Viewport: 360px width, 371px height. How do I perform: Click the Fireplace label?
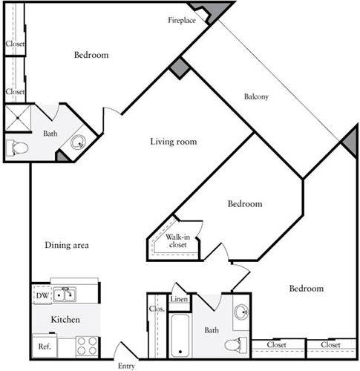click(181, 20)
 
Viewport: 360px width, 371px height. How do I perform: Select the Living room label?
click(173, 142)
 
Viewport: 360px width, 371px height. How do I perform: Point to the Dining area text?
click(67, 245)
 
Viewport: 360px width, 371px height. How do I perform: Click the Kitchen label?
click(65, 319)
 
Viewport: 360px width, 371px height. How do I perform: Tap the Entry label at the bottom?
click(127, 366)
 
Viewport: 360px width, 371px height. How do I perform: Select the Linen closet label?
click(178, 300)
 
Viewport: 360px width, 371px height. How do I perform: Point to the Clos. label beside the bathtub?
click(157, 309)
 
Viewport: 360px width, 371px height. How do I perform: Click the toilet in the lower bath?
click(236, 344)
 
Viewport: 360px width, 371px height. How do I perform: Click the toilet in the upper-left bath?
click(16, 147)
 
